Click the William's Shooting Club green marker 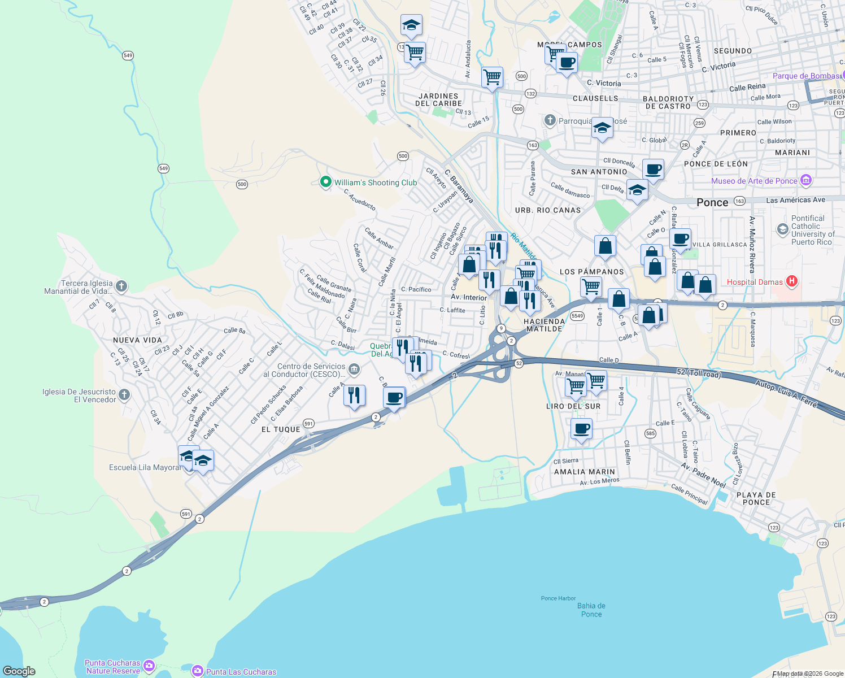point(325,182)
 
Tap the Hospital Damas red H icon point(791,281)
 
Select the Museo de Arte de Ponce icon point(806,181)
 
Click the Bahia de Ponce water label point(591,610)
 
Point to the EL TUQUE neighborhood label point(281,429)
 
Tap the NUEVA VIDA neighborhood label point(137,340)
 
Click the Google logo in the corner point(19,671)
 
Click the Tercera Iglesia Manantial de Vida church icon point(121,286)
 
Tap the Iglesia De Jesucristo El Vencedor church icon point(124,395)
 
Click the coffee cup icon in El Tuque point(394,397)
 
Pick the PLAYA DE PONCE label point(756,498)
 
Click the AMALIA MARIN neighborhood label point(585,472)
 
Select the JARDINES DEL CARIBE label point(438,100)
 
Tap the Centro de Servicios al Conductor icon point(354,370)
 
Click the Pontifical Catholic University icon point(782,229)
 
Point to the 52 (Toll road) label point(699,373)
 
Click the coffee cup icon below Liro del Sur point(581,429)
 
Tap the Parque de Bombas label point(806,76)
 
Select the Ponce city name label point(712,202)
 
